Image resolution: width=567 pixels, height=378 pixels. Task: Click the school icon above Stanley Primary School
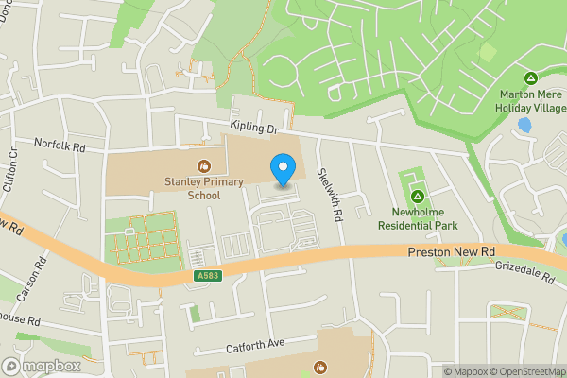coord(203,165)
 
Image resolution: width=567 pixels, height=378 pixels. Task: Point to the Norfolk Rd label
coord(60,147)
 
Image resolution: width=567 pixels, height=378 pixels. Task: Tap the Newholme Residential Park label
coord(418,218)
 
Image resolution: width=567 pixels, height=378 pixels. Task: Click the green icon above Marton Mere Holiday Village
coord(531,78)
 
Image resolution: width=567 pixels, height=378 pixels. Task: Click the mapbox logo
coord(40,366)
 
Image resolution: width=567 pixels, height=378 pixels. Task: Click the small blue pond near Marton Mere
coord(524,124)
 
